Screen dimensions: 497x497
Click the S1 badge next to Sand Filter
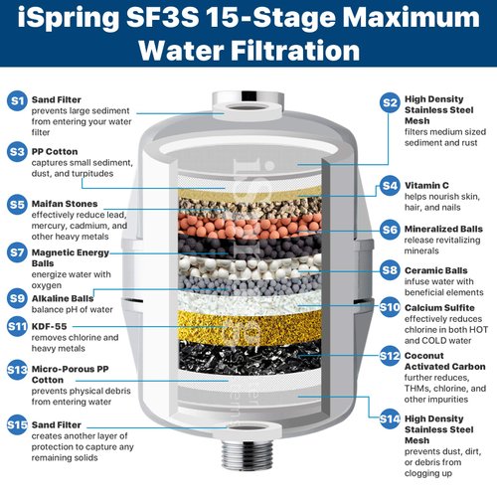(x=17, y=100)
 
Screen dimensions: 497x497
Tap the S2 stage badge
(x=390, y=101)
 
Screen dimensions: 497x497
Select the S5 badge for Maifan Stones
(x=17, y=204)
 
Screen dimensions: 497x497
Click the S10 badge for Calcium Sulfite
(x=390, y=308)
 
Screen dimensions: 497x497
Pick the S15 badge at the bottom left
(x=17, y=424)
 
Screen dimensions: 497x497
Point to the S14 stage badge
(x=390, y=417)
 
